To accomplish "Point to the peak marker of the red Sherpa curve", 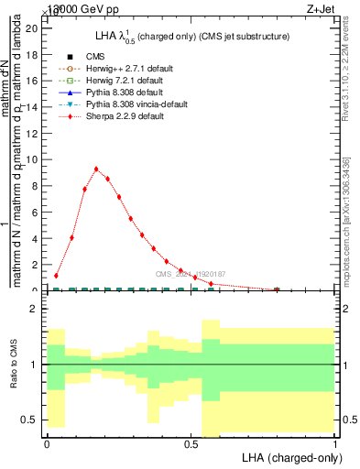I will coord(96,169).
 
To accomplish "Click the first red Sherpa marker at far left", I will coord(57,275).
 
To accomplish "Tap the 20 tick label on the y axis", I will coord(31,27).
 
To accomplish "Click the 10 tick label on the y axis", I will coord(31,159).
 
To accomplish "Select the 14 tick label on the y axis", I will coord(31,106).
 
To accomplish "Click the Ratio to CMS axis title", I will coord(14,365).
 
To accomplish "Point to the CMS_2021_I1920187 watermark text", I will coord(190,275).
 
